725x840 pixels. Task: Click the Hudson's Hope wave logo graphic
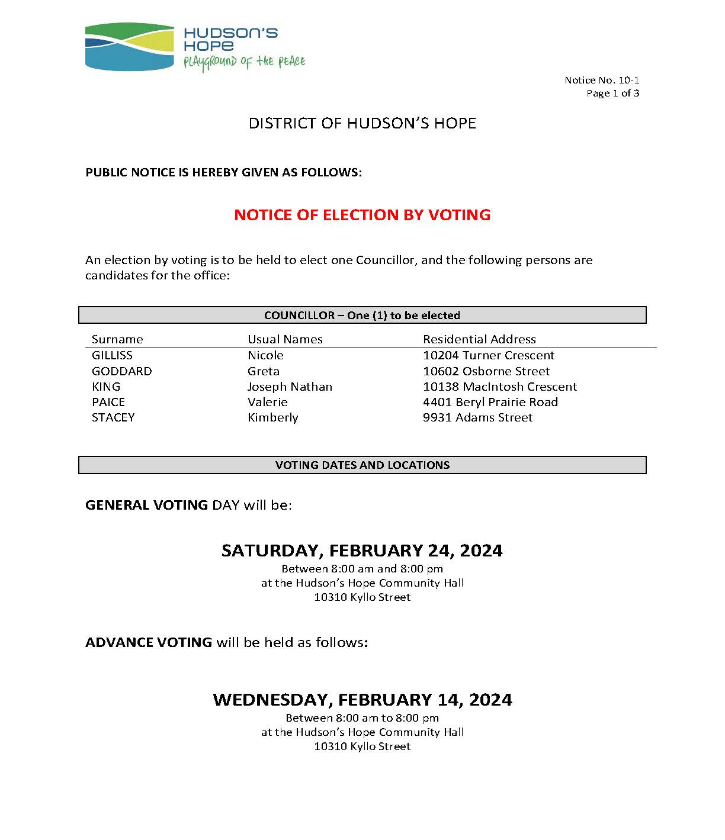click(x=129, y=47)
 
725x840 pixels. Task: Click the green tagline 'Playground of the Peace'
click(x=244, y=62)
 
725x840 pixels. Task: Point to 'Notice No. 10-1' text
click(x=601, y=80)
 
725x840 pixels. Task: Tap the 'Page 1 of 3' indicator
click(x=612, y=93)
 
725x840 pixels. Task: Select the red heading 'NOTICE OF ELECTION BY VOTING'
click(x=362, y=214)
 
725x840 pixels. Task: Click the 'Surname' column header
click(x=117, y=339)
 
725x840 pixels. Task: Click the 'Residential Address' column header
click(x=479, y=339)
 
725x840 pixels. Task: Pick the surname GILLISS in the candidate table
click(x=112, y=355)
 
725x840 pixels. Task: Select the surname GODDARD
click(x=121, y=371)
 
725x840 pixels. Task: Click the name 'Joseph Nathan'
click(x=290, y=387)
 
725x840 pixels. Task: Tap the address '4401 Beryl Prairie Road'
click(x=490, y=402)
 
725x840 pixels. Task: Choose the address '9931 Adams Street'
click(x=477, y=417)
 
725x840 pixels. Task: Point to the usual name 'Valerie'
click(x=267, y=402)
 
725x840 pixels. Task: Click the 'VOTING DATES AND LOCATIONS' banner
click(x=362, y=465)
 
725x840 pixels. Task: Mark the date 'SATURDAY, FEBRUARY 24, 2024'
click(x=362, y=551)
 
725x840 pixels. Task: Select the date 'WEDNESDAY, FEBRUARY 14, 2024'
click(x=362, y=700)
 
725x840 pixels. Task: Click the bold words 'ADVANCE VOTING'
click(x=149, y=642)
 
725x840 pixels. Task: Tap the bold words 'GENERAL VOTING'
click(x=146, y=505)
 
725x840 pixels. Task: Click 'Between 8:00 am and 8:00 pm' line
click(x=362, y=569)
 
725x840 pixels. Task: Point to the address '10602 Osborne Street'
click(x=486, y=371)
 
